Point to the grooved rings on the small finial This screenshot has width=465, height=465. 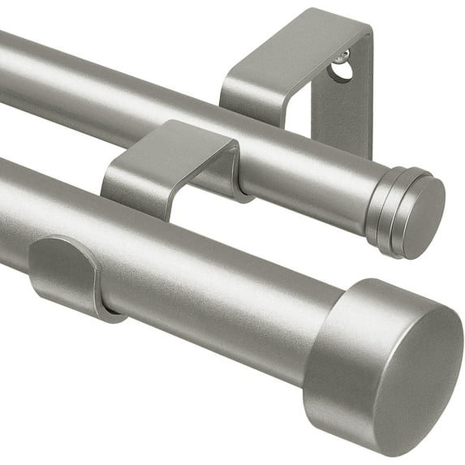point(389,209)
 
